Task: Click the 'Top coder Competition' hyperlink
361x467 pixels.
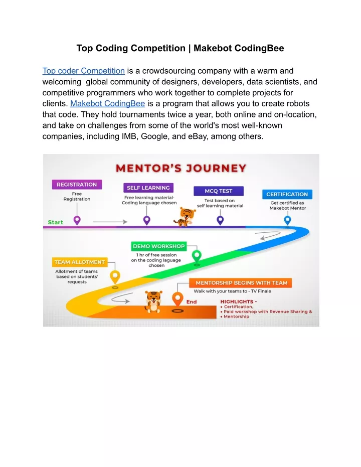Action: pyautogui.click(x=83, y=71)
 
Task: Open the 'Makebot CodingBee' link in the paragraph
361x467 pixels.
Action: pyautogui.click(x=107, y=104)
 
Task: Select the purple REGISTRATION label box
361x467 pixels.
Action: pyautogui.click(x=77, y=185)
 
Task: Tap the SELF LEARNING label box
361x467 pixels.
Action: pyautogui.click(x=148, y=188)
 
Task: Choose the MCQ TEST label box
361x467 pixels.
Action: pyautogui.click(x=219, y=191)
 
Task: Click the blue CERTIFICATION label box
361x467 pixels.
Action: pyautogui.click(x=287, y=194)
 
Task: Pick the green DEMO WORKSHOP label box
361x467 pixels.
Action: pyautogui.click(x=159, y=246)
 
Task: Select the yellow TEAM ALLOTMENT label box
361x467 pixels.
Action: pyautogui.click(x=79, y=262)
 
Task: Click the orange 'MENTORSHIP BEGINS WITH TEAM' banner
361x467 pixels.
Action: pyautogui.click(x=241, y=283)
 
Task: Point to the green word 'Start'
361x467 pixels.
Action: pyautogui.click(x=55, y=222)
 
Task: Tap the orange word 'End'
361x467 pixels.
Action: pyautogui.click(x=192, y=301)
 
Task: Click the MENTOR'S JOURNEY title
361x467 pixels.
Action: pyautogui.click(x=181, y=168)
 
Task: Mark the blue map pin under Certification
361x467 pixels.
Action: pyautogui.click(x=287, y=221)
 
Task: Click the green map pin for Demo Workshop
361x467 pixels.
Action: pyautogui.click(x=197, y=256)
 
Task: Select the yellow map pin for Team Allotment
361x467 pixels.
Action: pyautogui.click(x=115, y=277)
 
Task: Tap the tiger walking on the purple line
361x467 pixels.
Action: pyautogui.click(x=185, y=217)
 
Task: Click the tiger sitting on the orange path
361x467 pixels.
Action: pyautogui.click(x=153, y=301)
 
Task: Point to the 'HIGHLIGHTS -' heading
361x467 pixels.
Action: pyautogui.click(x=238, y=301)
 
